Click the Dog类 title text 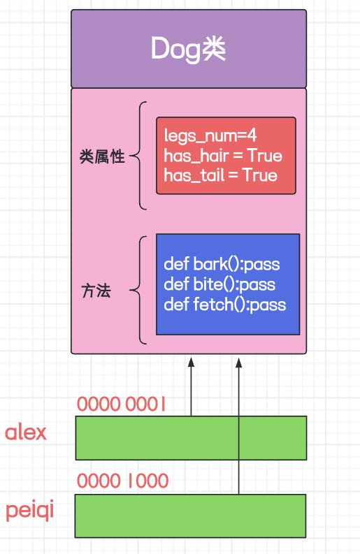pyautogui.click(x=189, y=49)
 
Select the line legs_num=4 pyautogui.click(x=200, y=135)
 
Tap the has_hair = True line pyautogui.click(x=223, y=155)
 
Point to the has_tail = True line pyautogui.click(x=220, y=175)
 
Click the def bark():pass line pyautogui.click(x=220, y=264)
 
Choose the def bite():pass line pyautogui.click(x=219, y=284)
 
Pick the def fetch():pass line pyautogui.click(x=224, y=305)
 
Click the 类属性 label pyautogui.click(x=102, y=156)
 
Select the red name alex pyautogui.click(x=26, y=432)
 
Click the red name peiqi pyautogui.click(x=30, y=511)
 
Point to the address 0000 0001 pyautogui.click(x=121, y=403)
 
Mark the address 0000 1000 pyautogui.click(x=122, y=481)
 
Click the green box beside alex pyautogui.click(x=190, y=438)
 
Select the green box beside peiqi pyautogui.click(x=190, y=516)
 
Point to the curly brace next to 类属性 pyautogui.click(x=140, y=156)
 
